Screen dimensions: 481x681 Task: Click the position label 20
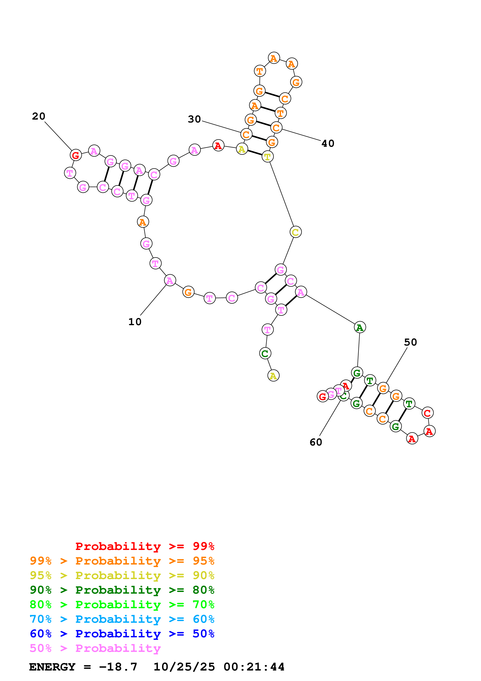tap(39, 116)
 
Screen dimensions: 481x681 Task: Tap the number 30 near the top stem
tap(194, 119)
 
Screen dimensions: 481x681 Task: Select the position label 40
tap(328, 143)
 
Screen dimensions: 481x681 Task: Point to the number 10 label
tap(135, 322)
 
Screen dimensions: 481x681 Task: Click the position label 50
tap(410, 342)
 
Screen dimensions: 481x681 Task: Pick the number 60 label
tap(316, 442)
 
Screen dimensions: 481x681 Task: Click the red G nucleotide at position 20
tap(76, 155)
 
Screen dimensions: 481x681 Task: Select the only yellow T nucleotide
tap(268, 157)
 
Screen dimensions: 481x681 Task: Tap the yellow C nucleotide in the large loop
tap(296, 232)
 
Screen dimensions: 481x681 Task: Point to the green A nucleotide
tap(360, 327)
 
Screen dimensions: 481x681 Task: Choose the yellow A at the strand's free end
tap(273, 376)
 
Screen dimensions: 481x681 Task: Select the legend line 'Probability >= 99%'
tap(145, 546)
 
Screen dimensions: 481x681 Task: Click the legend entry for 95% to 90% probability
tap(122, 575)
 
